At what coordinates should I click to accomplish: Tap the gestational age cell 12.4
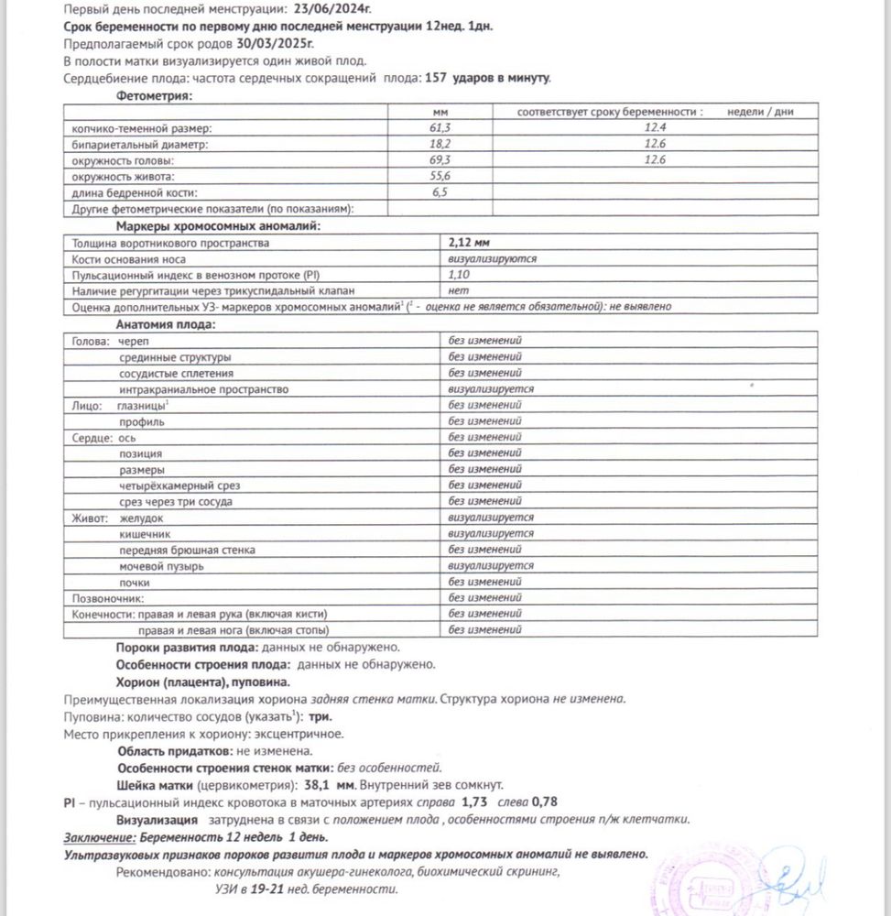tap(654, 128)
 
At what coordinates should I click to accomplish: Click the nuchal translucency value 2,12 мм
tap(470, 243)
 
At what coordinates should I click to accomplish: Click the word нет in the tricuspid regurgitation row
tap(457, 290)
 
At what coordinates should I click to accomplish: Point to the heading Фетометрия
tap(154, 95)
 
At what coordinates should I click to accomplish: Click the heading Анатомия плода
tap(165, 323)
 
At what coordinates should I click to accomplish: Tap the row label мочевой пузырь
tap(161, 566)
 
